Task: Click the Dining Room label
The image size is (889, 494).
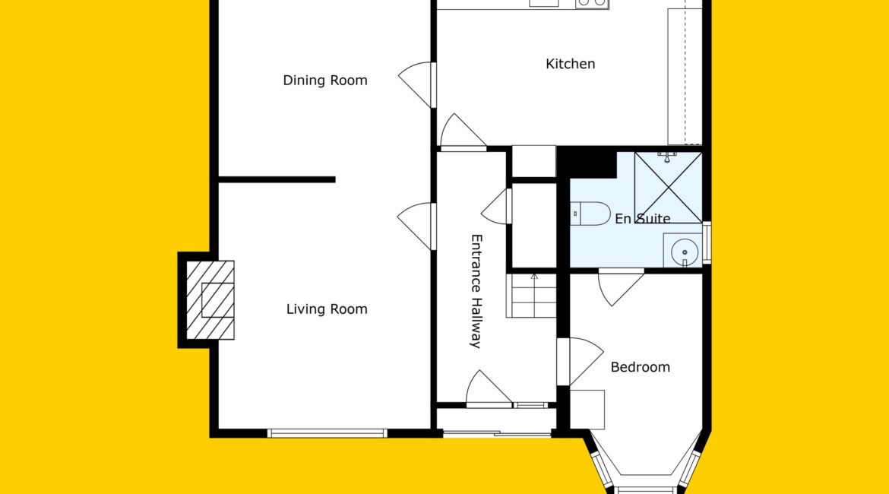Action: point(325,81)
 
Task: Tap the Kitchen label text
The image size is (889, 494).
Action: point(571,64)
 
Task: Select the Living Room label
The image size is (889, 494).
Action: point(327,309)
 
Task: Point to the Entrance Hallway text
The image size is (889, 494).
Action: point(476,291)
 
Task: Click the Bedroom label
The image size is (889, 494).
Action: point(640,367)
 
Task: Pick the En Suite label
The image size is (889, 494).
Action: point(642,218)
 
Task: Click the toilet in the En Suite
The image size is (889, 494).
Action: point(590,214)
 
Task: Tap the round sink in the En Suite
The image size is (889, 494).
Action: point(685,252)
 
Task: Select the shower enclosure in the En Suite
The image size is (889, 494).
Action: point(669,187)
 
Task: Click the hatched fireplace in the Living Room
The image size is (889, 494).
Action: point(210,300)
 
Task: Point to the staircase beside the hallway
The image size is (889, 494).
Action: point(531,296)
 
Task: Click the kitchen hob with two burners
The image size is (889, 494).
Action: point(592,3)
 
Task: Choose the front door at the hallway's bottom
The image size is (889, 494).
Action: point(489,389)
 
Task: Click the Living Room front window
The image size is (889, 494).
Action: point(327,433)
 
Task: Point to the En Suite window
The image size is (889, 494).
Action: point(707,242)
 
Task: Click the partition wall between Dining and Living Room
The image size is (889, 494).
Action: point(277,180)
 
